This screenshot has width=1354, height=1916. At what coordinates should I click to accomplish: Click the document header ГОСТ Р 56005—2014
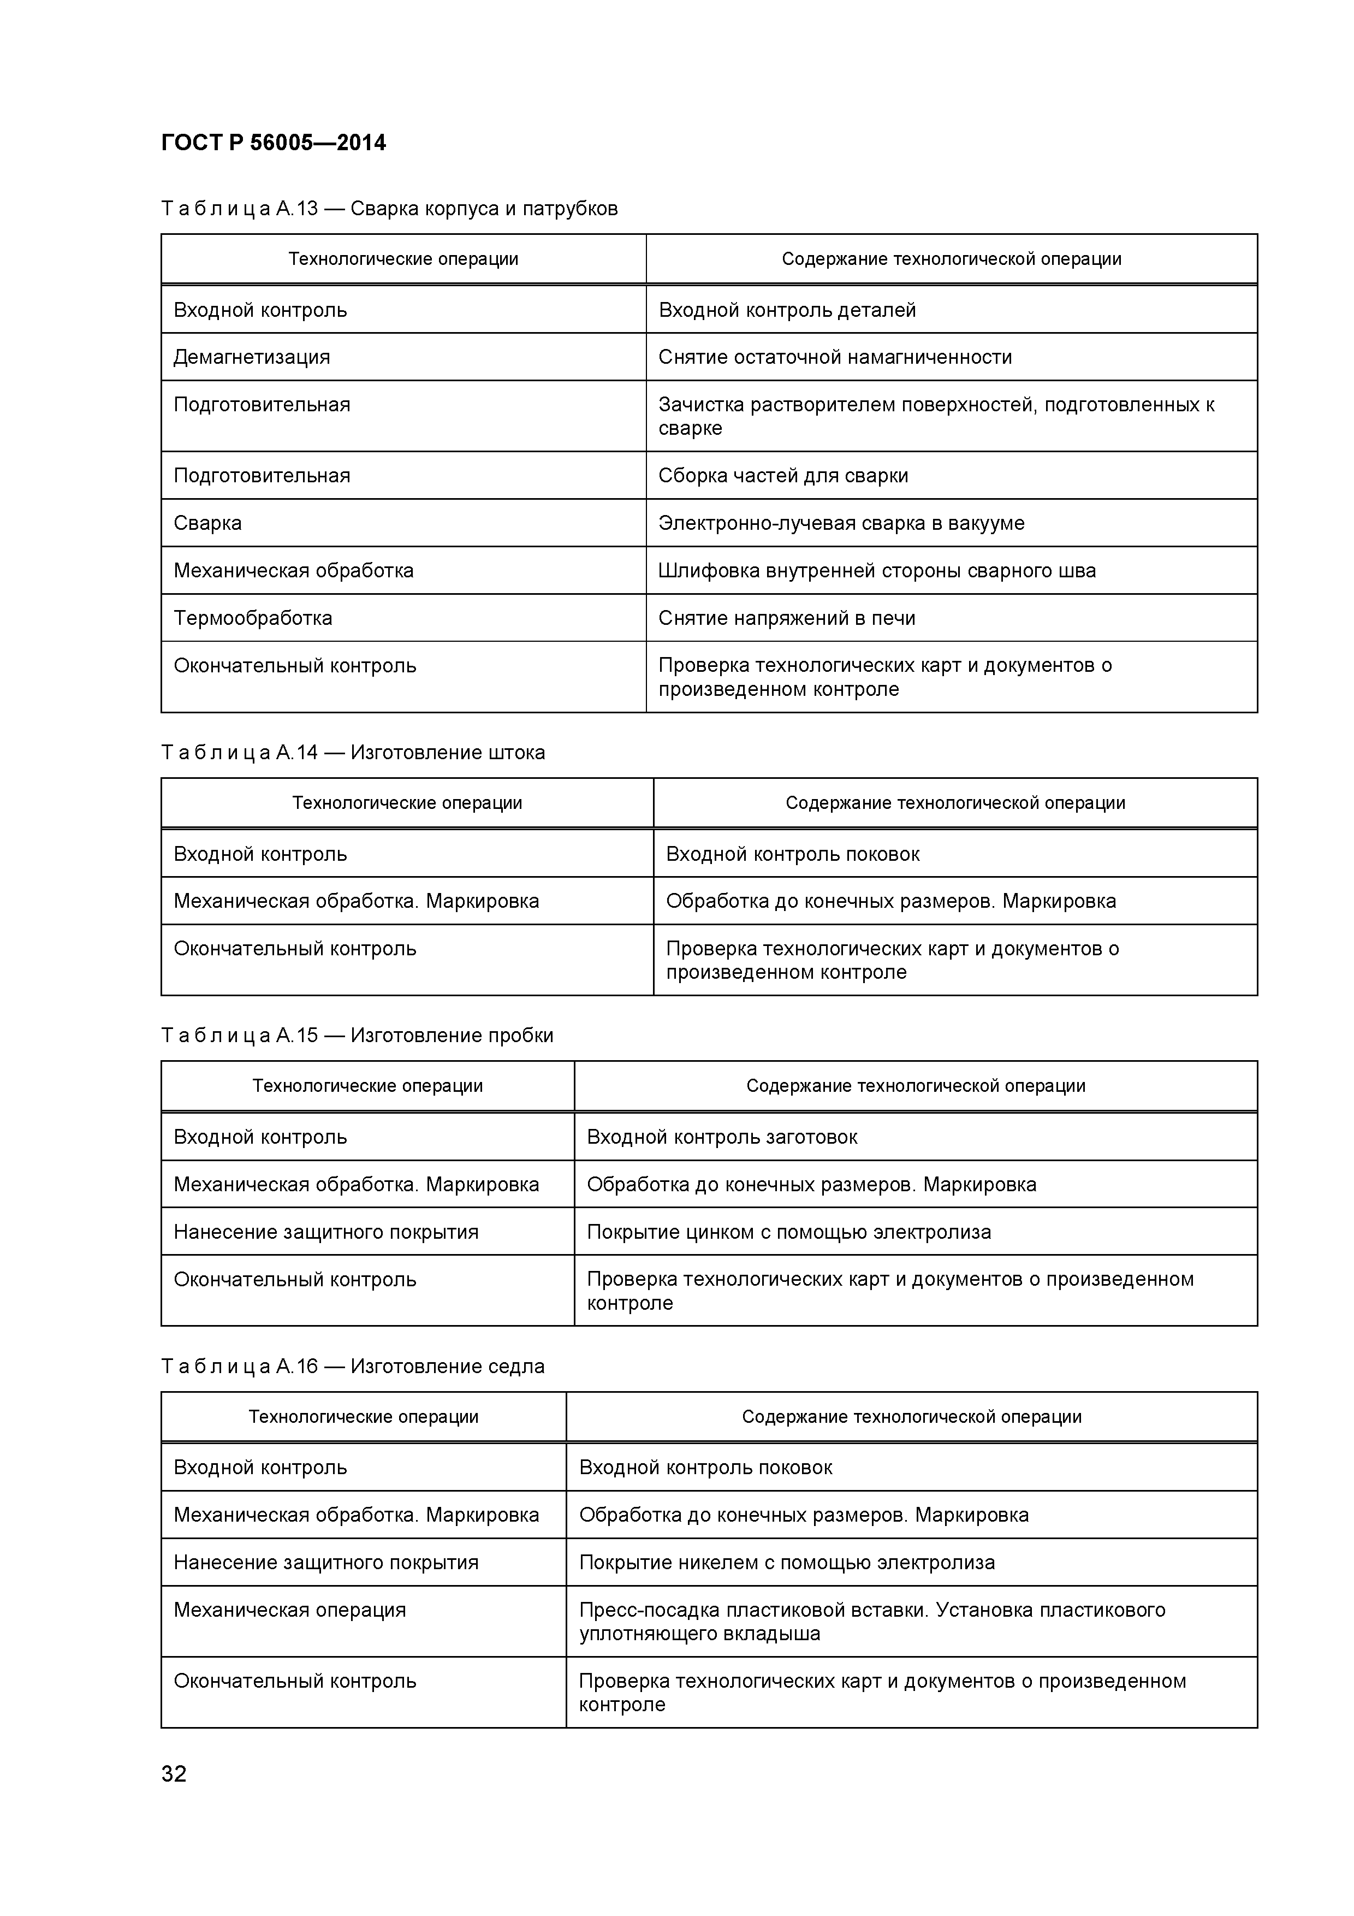click(x=273, y=143)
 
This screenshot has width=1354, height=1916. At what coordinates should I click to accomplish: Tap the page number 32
click(x=174, y=1773)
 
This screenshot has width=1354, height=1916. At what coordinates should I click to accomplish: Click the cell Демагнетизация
click(x=251, y=357)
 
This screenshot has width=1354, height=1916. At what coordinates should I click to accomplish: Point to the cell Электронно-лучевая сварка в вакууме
click(x=841, y=523)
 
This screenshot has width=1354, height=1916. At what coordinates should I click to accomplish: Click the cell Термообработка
click(x=253, y=618)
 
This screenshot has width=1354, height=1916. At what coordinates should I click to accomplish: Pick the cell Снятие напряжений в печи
click(x=787, y=618)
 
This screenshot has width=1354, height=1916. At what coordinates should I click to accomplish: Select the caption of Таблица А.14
click(x=353, y=753)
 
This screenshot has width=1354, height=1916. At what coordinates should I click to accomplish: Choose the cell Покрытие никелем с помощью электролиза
click(x=787, y=1563)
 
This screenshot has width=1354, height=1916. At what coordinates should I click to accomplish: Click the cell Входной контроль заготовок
click(x=722, y=1137)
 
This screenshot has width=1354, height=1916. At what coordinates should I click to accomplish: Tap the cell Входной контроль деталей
click(x=787, y=310)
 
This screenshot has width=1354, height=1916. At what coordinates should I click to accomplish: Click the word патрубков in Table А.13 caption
click(x=570, y=209)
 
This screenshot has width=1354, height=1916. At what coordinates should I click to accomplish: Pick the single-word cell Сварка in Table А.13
click(x=207, y=523)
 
